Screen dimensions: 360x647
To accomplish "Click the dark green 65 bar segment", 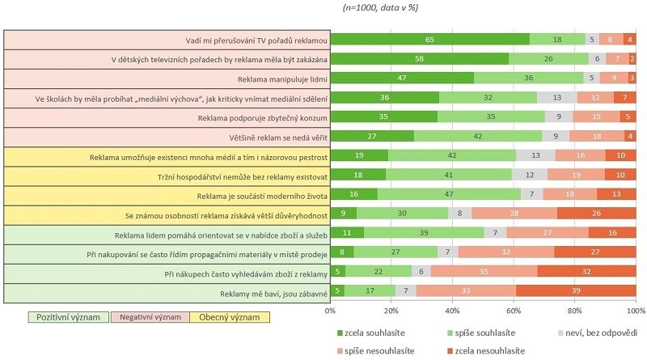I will (430, 40).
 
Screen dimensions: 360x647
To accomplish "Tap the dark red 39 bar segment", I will (576, 290).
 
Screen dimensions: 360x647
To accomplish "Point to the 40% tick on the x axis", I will (452, 310).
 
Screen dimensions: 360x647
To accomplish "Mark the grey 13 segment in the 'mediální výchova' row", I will (556, 98).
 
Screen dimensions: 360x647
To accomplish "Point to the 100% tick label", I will (636, 310).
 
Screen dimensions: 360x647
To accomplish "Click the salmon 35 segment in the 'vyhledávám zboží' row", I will (484, 271).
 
